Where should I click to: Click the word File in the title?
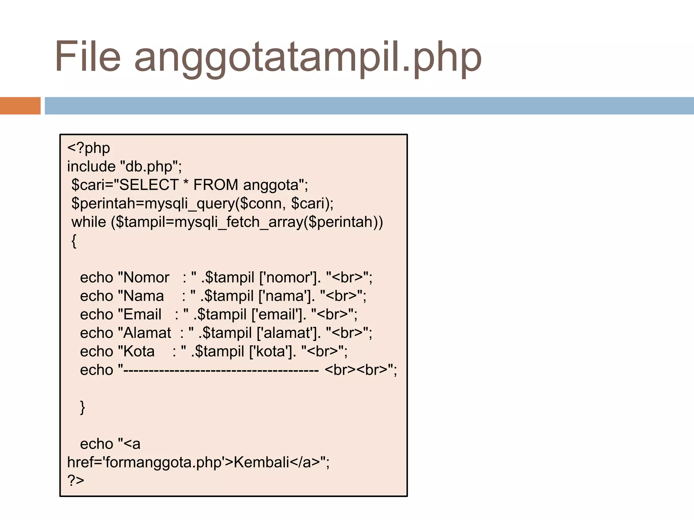[x=87, y=56]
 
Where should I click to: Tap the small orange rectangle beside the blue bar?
[x=20, y=106]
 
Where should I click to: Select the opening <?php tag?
[x=88, y=148]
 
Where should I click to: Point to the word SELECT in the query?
[x=149, y=185]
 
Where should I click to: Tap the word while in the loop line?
[x=89, y=222]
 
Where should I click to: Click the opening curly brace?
[x=74, y=241]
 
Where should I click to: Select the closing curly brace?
[x=82, y=407]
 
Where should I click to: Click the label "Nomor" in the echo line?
[x=146, y=278]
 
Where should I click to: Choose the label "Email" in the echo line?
[x=142, y=315]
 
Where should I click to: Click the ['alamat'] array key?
[x=289, y=333]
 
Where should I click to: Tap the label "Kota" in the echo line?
[x=139, y=351]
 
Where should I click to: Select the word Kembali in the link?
[x=261, y=462]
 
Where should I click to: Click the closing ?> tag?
[x=76, y=480]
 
